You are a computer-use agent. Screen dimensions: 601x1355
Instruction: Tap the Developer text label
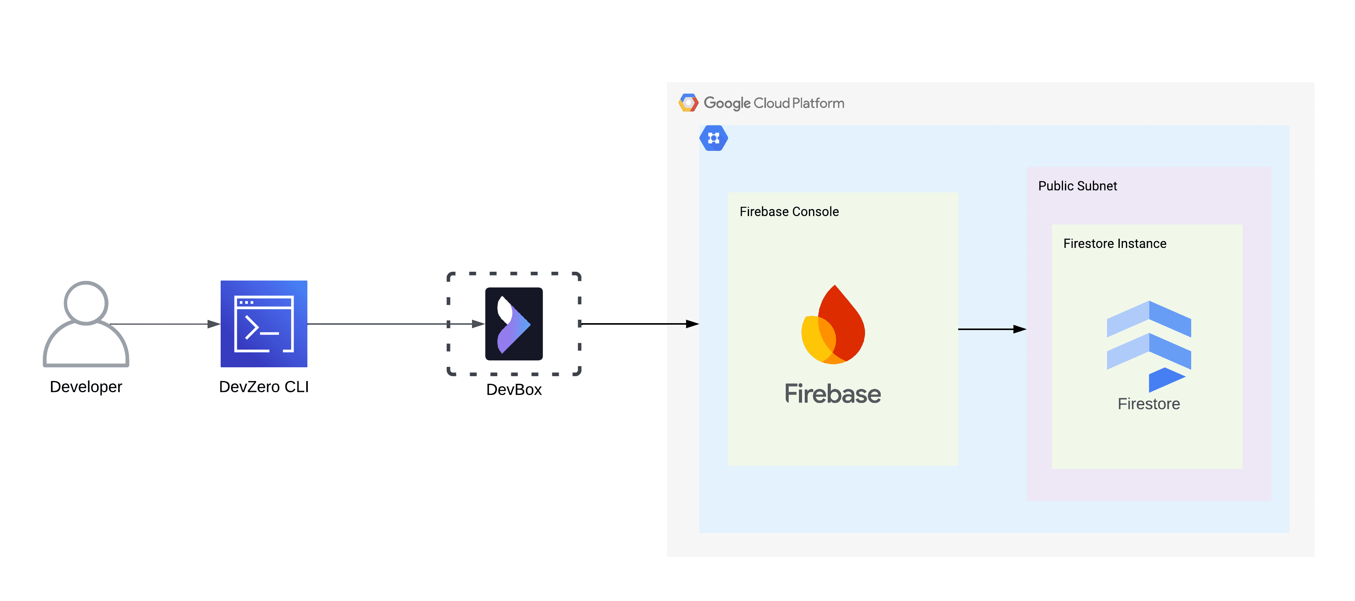[x=86, y=387]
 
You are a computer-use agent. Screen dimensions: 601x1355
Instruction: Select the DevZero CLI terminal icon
[x=264, y=324]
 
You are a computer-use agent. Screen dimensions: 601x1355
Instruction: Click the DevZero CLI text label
[x=264, y=387]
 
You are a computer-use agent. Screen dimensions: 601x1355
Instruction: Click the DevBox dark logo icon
[x=513, y=324]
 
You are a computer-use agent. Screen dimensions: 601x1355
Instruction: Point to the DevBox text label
[x=513, y=390]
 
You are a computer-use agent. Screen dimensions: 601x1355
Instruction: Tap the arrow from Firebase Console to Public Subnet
[x=992, y=329]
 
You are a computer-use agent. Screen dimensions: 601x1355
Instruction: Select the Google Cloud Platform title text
[x=774, y=103]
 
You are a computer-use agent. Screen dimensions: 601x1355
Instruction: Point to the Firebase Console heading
[x=789, y=211]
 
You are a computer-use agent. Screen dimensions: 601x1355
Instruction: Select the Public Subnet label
[x=1077, y=186]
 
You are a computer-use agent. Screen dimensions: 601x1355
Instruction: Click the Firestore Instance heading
[x=1115, y=244]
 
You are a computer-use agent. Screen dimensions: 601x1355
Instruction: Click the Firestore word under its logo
[x=1149, y=404]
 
